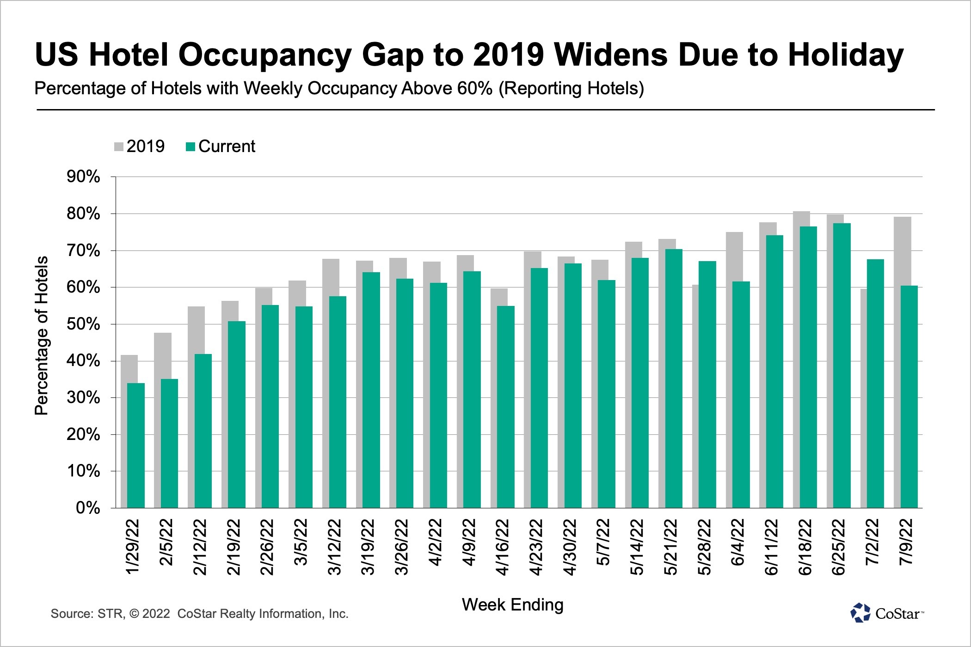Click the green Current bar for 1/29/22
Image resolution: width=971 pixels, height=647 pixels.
[x=136, y=446]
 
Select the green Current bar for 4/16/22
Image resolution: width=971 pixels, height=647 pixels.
[x=506, y=407]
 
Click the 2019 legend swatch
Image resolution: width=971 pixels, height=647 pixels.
[x=119, y=147]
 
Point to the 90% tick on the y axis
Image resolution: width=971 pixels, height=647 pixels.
[x=84, y=177]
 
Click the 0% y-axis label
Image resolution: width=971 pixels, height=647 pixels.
[x=88, y=508]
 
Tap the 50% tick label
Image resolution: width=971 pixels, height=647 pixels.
[x=84, y=324]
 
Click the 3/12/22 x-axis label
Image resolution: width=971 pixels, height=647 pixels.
[x=334, y=547]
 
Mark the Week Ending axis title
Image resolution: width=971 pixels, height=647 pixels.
[x=512, y=604]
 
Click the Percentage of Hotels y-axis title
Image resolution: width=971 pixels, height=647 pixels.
[x=41, y=336]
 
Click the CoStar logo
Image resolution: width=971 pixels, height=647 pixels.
[x=886, y=613]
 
